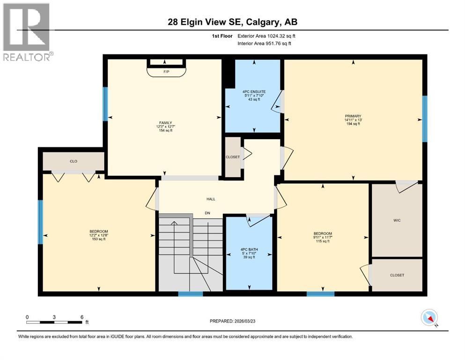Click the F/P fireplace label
(x=166, y=72)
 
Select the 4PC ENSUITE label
(x=253, y=92)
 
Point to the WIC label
(x=397, y=220)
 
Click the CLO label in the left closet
(x=74, y=161)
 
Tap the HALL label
(x=211, y=199)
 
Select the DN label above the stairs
(x=207, y=213)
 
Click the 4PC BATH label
(x=248, y=249)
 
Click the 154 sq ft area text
(x=164, y=130)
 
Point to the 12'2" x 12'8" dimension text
(x=99, y=235)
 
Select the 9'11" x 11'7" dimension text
(x=323, y=238)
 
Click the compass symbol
(x=429, y=318)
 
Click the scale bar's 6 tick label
(x=82, y=317)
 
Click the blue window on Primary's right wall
(x=425, y=119)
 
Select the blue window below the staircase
(x=191, y=294)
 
